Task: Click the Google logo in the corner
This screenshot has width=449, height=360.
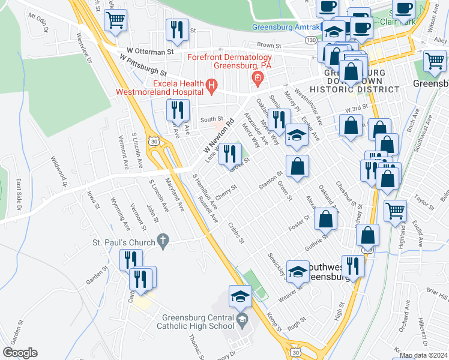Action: click(20, 353)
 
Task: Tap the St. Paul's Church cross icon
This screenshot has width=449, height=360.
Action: click(161, 242)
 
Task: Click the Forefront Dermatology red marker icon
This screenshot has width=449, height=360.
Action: click(258, 77)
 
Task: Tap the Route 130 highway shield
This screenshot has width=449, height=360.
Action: click(310, 40)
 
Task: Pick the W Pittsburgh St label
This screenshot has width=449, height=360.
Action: click(142, 65)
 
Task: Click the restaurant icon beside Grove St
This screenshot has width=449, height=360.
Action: click(229, 155)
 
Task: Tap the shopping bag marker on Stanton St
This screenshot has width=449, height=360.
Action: click(297, 166)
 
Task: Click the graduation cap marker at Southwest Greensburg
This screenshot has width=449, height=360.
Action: click(298, 272)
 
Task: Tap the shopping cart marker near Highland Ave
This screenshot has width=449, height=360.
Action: click(395, 211)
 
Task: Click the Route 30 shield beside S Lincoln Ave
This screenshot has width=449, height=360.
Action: click(155, 141)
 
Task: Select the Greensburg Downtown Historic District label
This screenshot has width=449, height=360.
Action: click(361, 80)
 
